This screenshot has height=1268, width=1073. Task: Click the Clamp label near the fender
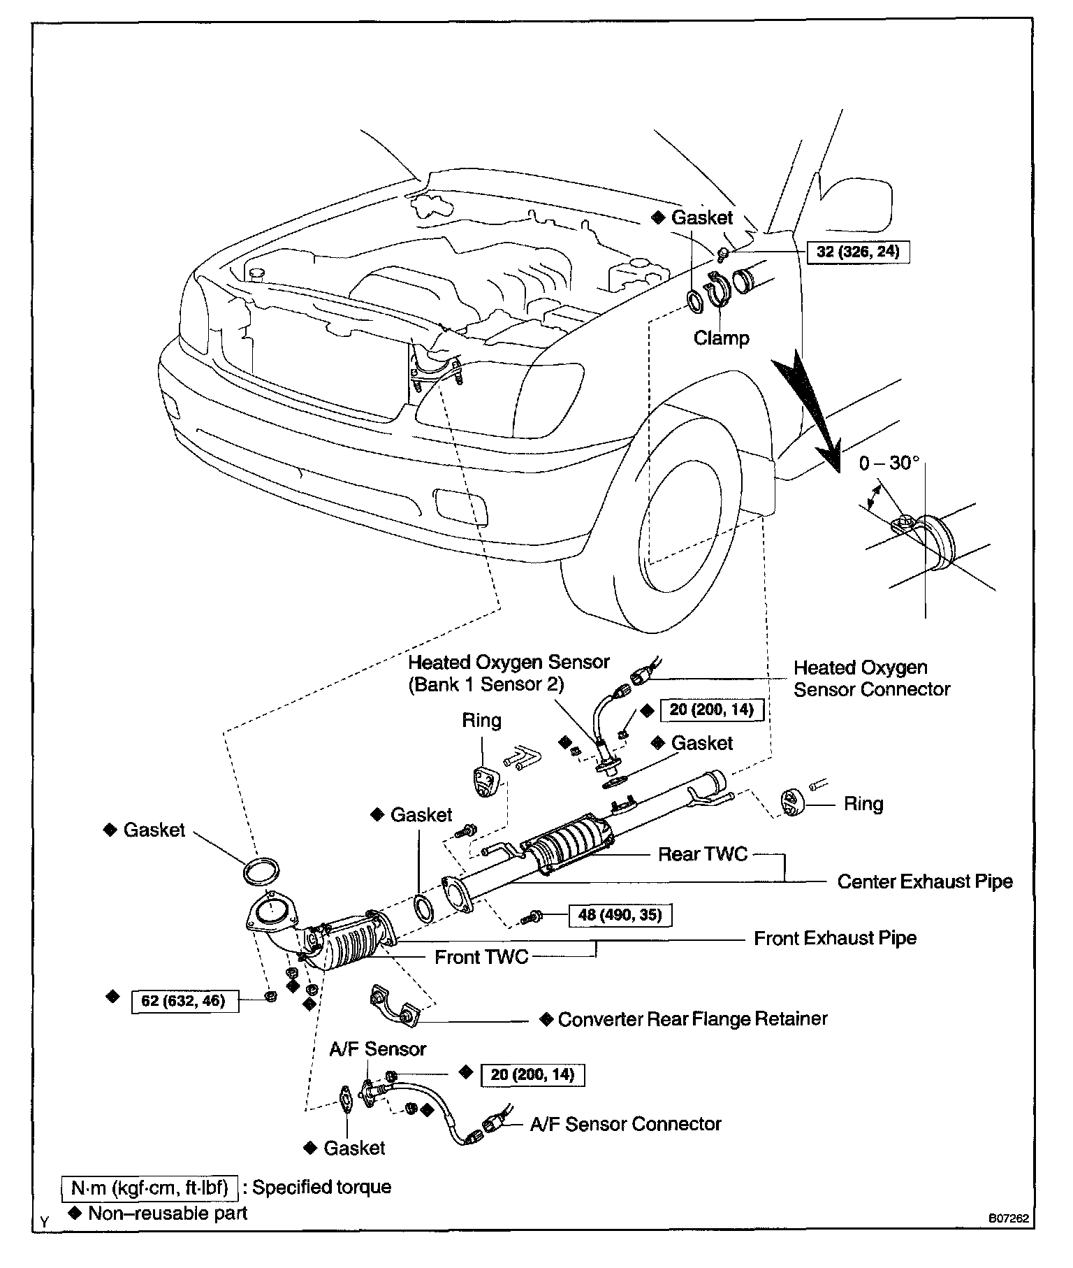click(x=721, y=338)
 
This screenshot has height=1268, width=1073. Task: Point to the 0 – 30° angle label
click(x=889, y=463)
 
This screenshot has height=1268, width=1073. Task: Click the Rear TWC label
click(x=703, y=853)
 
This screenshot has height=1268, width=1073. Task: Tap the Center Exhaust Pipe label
click(x=924, y=881)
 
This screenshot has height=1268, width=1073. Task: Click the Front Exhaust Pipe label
click(x=835, y=938)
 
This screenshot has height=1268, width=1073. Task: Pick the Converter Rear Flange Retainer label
click(x=692, y=1018)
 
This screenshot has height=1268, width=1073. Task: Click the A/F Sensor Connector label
click(x=625, y=1124)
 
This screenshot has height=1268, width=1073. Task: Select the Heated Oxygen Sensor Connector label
click(x=871, y=678)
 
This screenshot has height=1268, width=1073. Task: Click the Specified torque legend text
click(x=321, y=1187)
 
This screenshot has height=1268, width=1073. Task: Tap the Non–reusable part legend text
click(x=168, y=1213)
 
